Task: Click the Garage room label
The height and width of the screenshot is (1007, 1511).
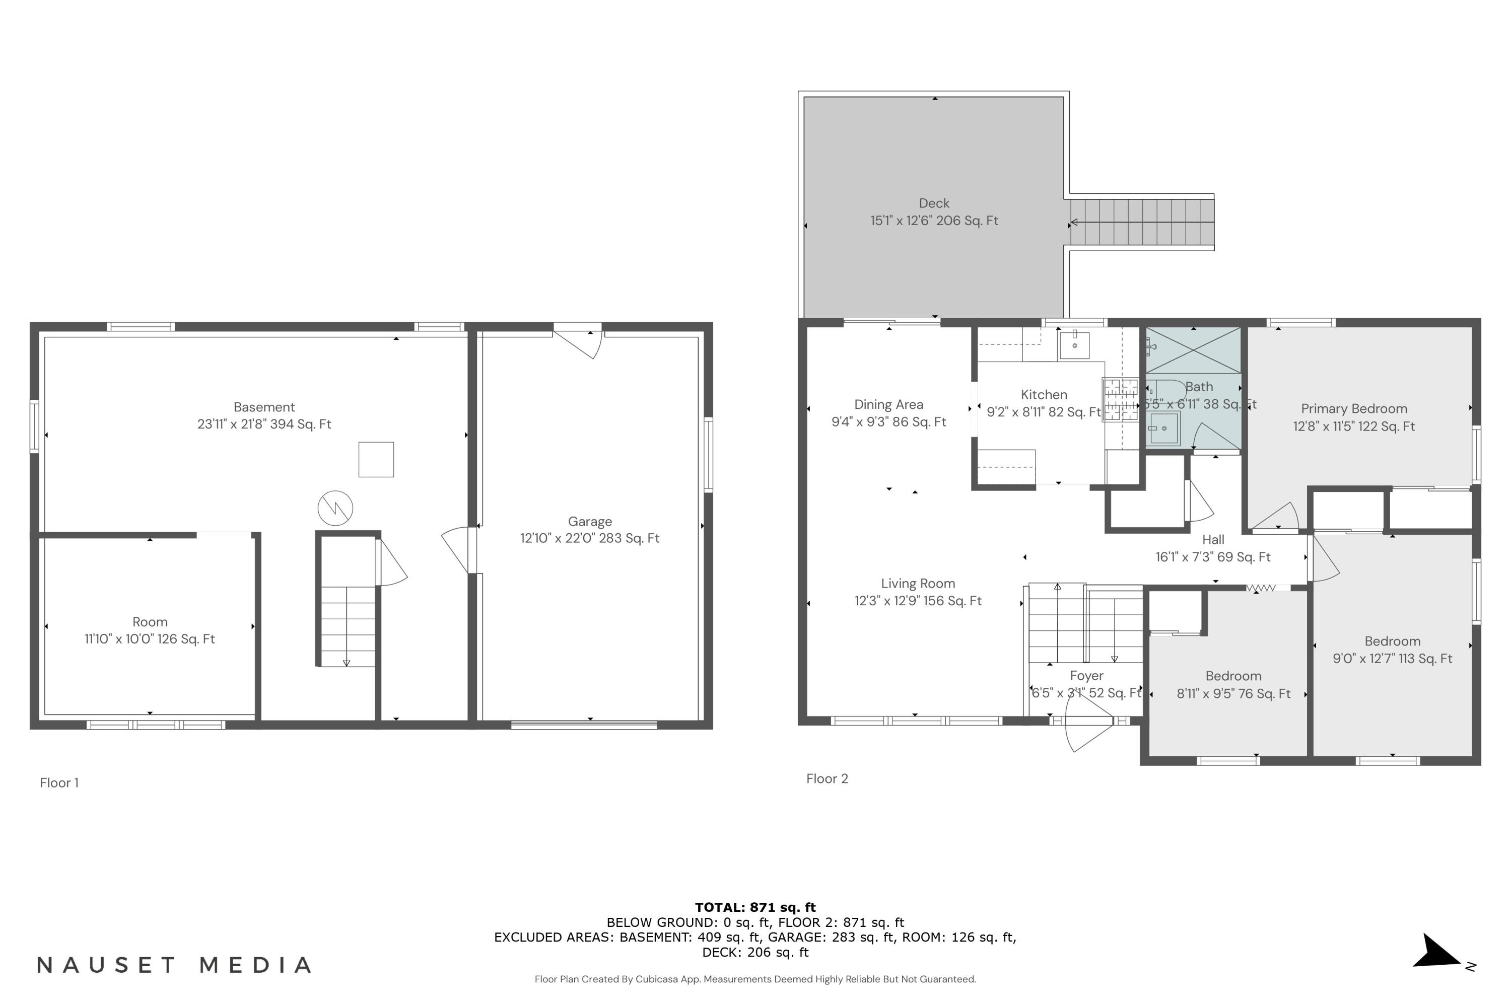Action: tap(589, 522)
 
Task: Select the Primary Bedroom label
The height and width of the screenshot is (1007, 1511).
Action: tap(1354, 409)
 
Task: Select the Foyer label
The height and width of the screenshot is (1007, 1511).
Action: tap(1086, 676)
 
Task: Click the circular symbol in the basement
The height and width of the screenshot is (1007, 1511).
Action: tap(335, 509)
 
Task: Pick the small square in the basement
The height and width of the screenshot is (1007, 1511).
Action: tap(376, 459)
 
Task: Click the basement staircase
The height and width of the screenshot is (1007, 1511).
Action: tap(348, 626)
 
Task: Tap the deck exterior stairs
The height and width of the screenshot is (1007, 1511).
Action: tap(1142, 222)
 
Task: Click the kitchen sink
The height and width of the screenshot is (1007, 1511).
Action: tap(1074, 344)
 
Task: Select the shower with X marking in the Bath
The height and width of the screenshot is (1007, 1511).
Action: tap(1193, 350)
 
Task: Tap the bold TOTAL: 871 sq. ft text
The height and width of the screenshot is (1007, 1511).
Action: tap(755, 907)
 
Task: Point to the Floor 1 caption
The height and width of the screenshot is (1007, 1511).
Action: tap(59, 782)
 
